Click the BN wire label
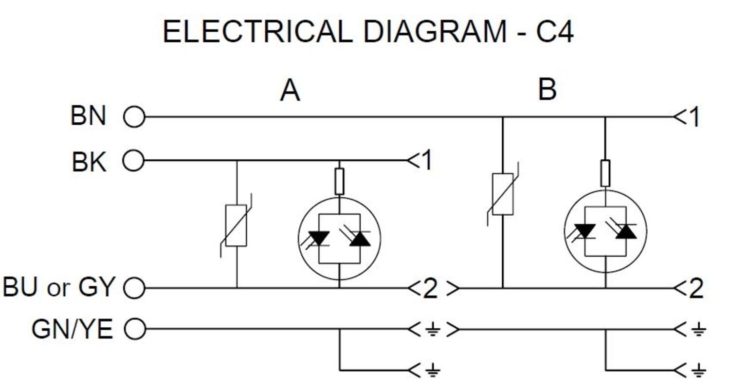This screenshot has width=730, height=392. tap(88, 116)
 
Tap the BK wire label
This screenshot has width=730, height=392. tap(89, 162)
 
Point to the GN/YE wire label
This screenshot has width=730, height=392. tap(73, 329)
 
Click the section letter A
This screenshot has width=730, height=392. tap(290, 91)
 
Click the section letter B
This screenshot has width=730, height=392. tap(547, 89)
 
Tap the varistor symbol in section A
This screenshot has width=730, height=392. tap(236, 225)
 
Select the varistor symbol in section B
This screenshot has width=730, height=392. tap(503, 194)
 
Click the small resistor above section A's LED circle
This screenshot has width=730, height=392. tap(340, 182)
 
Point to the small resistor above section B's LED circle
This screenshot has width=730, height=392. tap(605, 173)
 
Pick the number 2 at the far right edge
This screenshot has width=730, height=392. tap(696, 288)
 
